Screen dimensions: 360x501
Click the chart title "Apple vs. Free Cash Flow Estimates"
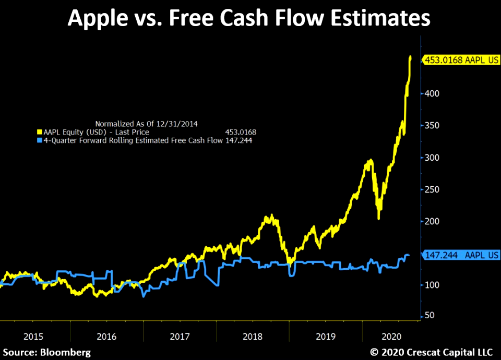249,19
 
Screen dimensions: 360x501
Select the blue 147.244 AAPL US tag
459,255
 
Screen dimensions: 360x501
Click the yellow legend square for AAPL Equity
40,133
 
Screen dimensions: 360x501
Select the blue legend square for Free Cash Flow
40,140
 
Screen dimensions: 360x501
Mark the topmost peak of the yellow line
410,56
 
